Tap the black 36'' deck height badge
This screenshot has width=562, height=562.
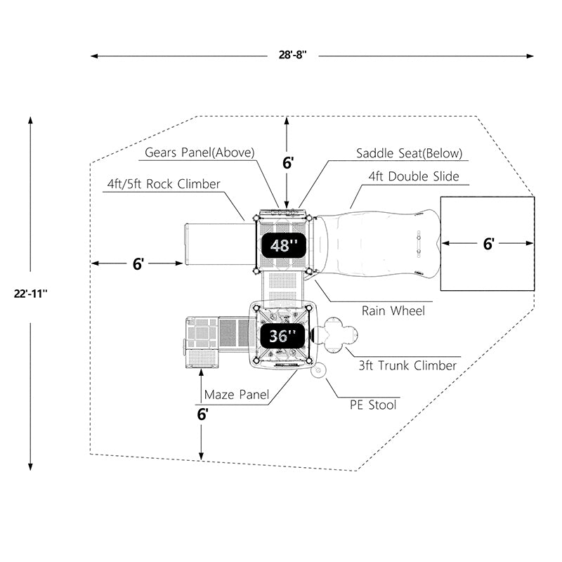280,336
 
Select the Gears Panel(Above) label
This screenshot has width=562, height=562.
200,152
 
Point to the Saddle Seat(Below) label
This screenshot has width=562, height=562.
409,153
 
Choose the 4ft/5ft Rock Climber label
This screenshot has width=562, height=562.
163,184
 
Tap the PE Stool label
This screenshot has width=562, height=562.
373,405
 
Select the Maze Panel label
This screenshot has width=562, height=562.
236,396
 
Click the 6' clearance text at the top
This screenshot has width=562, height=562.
287,163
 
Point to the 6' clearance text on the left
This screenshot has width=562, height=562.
138,263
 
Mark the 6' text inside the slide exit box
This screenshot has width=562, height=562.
489,244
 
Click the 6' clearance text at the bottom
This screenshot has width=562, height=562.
202,414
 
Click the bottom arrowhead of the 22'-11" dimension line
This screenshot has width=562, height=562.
31,466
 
